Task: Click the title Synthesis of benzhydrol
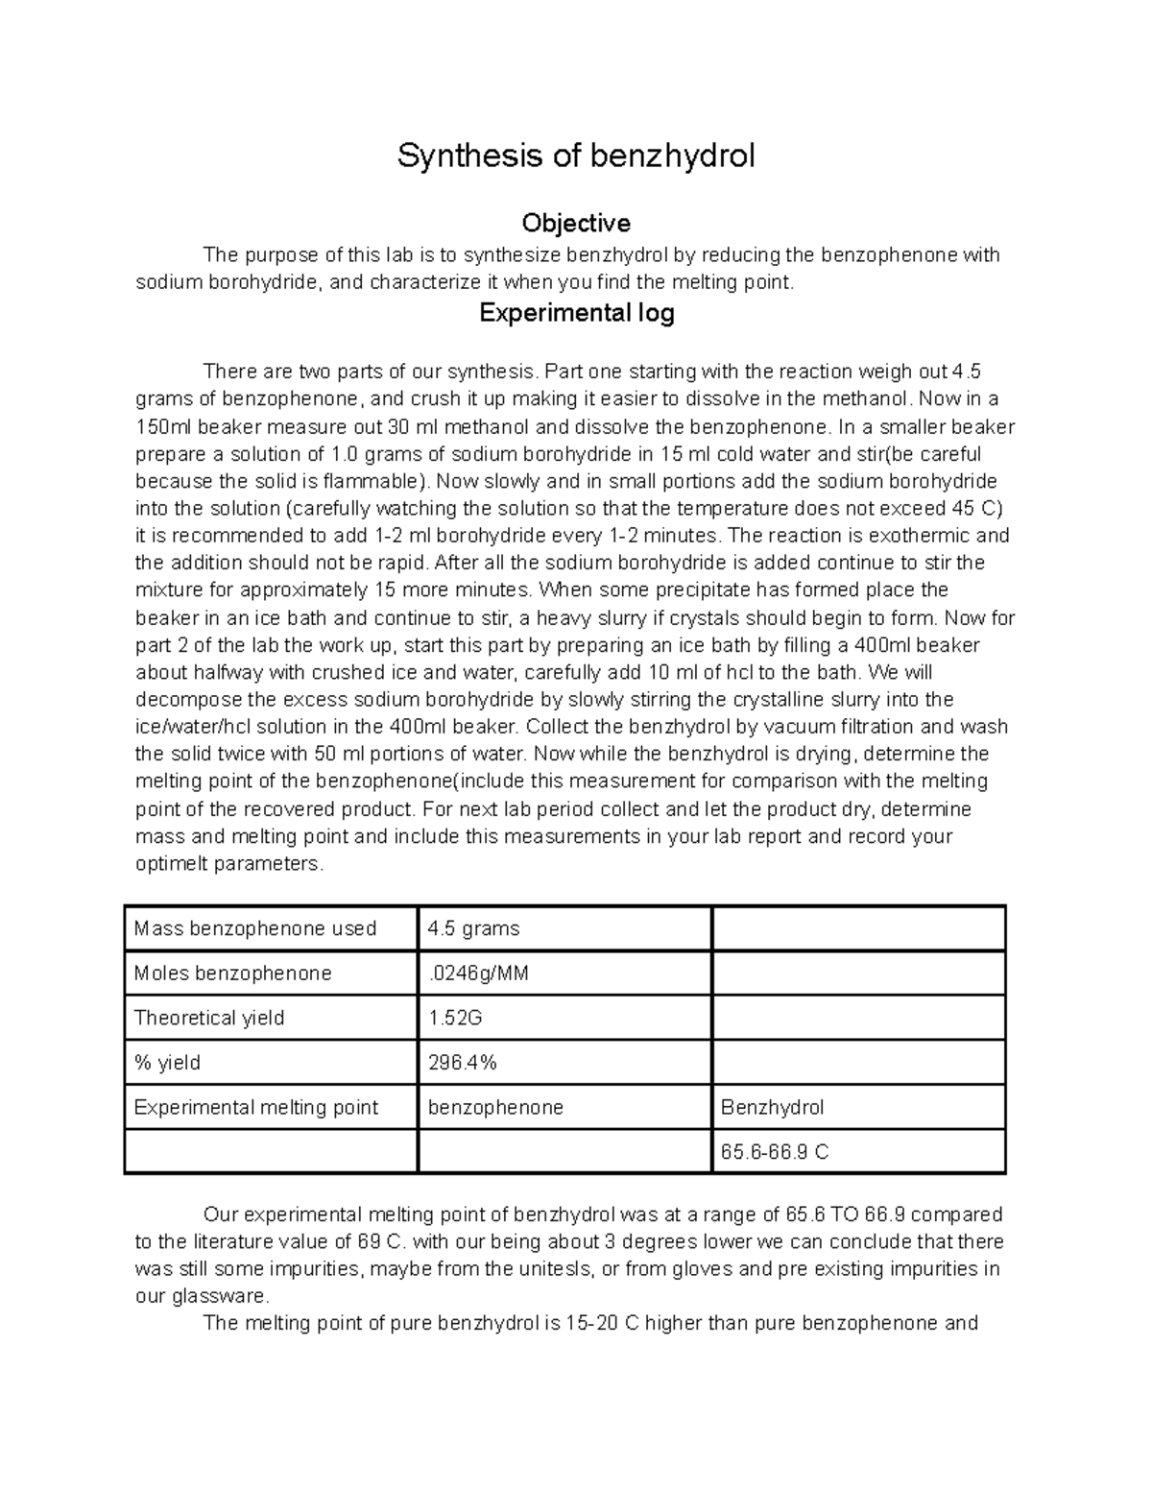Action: coord(576,156)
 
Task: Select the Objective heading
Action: coord(576,224)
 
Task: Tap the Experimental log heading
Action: coord(576,313)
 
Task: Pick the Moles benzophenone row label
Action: coord(232,974)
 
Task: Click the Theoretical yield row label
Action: coord(209,1018)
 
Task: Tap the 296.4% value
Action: coord(462,1063)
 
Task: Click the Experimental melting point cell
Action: coord(256,1107)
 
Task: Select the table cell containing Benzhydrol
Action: coord(772,1107)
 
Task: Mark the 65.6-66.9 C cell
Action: coord(775,1152)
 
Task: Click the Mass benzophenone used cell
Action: coord(255,928)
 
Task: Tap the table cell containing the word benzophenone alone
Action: coord(495,1107)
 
